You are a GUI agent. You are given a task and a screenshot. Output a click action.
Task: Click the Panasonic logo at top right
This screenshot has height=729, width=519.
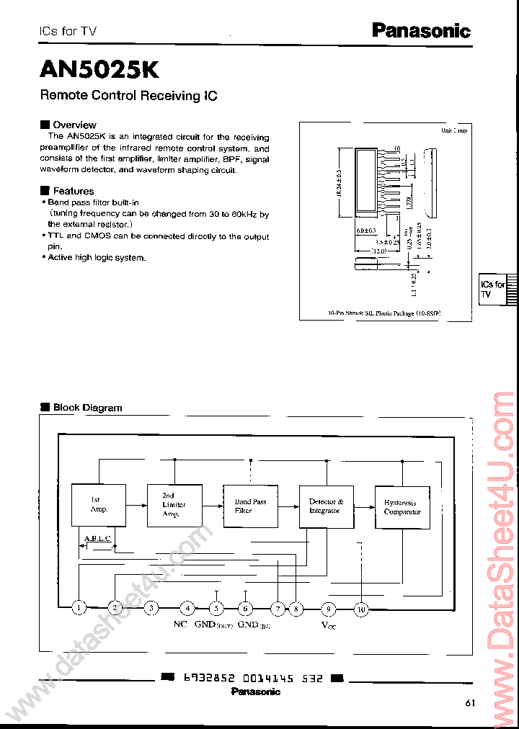coord(421,30)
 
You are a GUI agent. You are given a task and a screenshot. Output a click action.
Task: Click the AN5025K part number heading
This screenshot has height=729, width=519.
coord(99,70)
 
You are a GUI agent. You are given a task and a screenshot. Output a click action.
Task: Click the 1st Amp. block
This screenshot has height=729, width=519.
coord(99,505)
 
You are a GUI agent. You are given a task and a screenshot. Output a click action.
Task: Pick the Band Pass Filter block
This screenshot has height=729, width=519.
coord(250,506)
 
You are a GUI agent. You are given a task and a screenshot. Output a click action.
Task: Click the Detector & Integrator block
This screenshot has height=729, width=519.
coord(326,506)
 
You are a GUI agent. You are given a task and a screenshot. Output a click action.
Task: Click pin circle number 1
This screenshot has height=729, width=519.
coord(79,609)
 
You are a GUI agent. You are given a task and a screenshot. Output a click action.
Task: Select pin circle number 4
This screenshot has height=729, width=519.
coord(187,609)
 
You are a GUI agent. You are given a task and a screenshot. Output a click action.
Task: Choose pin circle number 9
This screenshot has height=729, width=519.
coord(328,609)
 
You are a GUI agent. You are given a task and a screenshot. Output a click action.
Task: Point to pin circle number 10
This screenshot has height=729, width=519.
coord(362,609)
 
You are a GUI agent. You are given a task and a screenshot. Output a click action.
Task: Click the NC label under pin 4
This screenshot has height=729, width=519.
coord(180,625)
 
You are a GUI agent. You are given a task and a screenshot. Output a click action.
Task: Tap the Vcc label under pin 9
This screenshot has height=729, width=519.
coord(328,625)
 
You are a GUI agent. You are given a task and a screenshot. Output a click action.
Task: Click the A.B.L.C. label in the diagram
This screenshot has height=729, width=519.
coord(98,538)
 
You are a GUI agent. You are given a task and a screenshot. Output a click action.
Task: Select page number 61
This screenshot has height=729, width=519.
coord(471,703)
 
